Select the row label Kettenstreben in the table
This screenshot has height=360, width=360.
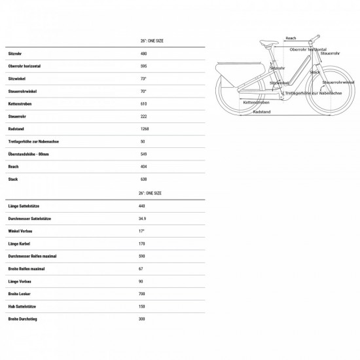pyautogui.click(x=20, y=103)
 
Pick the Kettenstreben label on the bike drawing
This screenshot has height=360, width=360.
pyautogui.click(x=255, y=103)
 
